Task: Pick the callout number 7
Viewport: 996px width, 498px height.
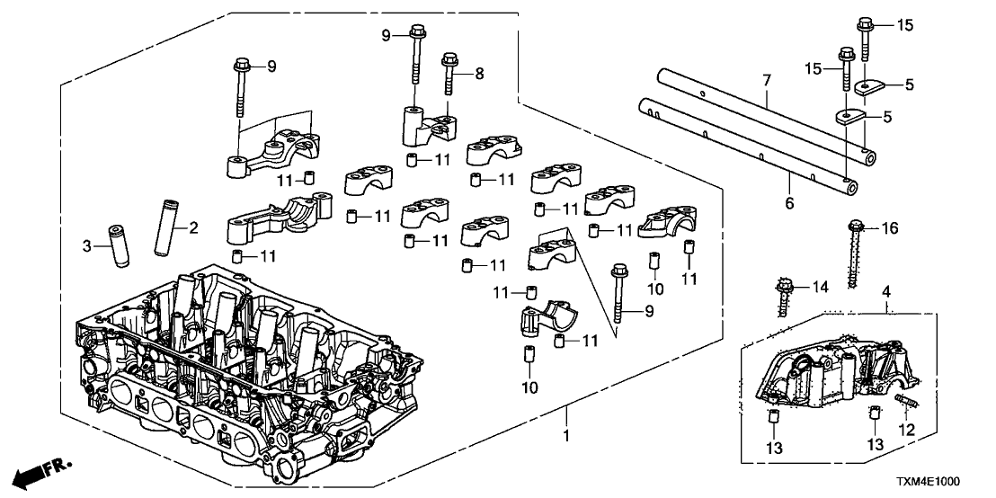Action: click(766, 82)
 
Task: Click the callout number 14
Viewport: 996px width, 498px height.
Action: click(818, 288)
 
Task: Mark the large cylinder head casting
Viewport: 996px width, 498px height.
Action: click(243, 378)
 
